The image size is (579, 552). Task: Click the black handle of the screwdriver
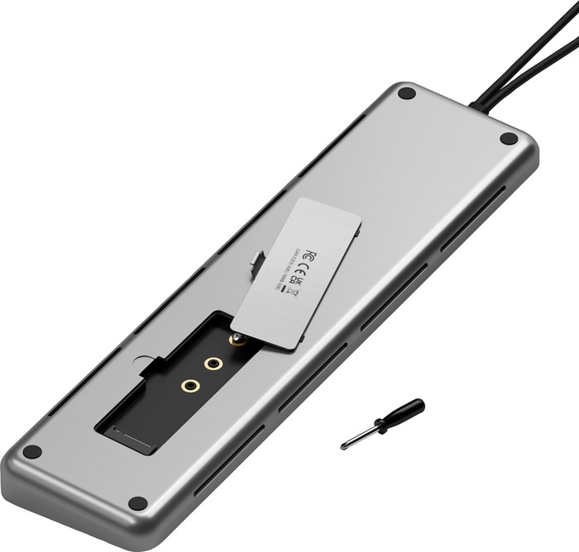405,412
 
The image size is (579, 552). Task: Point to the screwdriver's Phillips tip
342,447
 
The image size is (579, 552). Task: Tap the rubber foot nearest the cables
406,93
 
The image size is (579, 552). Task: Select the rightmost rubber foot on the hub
509,138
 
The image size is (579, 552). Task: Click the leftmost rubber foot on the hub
31,452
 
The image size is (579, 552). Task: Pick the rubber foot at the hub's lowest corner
138,503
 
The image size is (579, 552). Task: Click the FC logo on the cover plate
310,253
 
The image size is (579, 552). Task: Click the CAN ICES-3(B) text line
284,270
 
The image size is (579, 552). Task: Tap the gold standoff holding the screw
238,340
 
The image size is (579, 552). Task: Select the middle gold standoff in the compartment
214,363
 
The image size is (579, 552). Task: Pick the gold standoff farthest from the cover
190,385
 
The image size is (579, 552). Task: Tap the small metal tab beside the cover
257,264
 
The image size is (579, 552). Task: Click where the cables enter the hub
478,106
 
